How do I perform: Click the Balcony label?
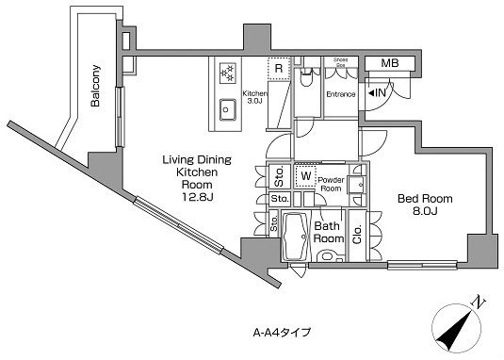[95, 86]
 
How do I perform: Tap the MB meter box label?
[390, 63]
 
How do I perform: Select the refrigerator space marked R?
[279, 68]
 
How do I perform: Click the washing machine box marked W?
[305, 176]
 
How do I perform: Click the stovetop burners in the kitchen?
[228, 73]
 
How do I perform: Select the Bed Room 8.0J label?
[425, 205]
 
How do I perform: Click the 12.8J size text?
[197, 197]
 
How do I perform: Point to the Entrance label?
[341, 94]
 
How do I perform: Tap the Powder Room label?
[331, 184]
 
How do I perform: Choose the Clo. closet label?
[357, 235]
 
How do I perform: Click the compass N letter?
[478, 303]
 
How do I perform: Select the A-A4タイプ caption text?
[282, 332]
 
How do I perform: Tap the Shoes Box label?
[341, 63]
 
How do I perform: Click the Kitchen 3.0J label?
[254, 97]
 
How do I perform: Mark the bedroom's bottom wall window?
[422, 265]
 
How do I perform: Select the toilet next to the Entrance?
[305, 77]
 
